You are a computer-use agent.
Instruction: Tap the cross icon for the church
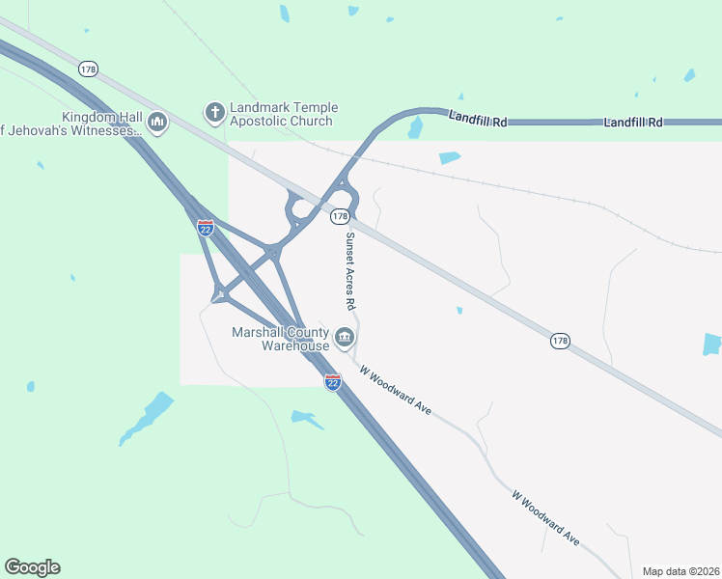coord(214,114)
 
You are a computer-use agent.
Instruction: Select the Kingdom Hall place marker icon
coord(157,123)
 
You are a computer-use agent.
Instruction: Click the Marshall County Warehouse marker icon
coord(345,338)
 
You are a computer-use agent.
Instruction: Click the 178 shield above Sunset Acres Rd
coord(340,217)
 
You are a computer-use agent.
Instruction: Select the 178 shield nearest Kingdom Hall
coord(89,69)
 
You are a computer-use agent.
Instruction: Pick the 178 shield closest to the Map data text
coord(561,341)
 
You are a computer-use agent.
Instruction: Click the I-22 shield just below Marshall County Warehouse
coord(332,382)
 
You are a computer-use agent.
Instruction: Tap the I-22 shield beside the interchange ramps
coord(205,228)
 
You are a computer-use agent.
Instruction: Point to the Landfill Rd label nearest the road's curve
coord(478,119)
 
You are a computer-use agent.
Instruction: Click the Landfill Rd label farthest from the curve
coord(633,123)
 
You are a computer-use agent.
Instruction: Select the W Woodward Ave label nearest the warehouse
coord(395,389)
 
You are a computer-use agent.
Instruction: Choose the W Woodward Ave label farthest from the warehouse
coord(545,518)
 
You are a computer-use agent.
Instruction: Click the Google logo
coord(32,567)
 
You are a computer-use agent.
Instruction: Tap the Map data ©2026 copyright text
coord(681,571)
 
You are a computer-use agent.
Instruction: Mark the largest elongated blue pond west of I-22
coord(147,418)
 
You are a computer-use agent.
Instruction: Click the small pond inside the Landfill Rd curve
coord(416,127)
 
